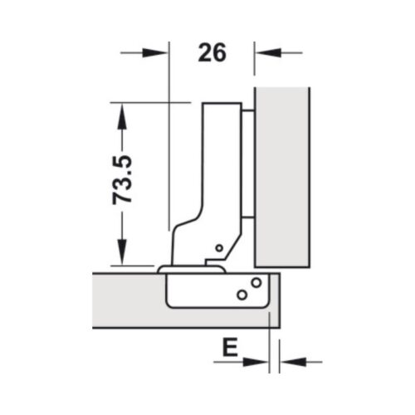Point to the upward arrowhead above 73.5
122,115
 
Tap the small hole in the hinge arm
218,247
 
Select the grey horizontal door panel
124,299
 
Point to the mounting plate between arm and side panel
247,166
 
